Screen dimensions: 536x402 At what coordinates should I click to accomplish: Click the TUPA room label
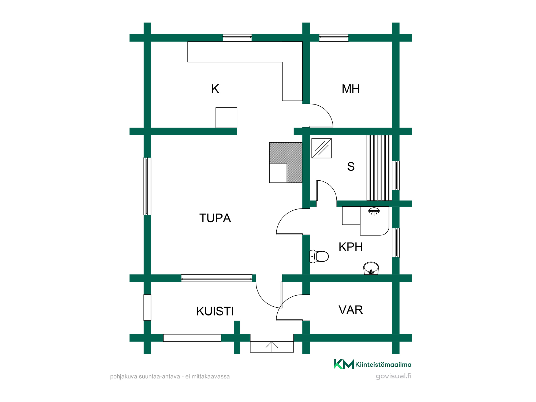pyautogui.click(x=215, y=218)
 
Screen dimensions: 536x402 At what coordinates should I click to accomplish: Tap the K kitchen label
pyautogui.click(x=215, y=89)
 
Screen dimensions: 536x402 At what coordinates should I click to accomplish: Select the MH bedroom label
pyautogui.click(x=351, y=89)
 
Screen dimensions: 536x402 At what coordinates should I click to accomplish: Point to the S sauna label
pyautogui.click(x=351, y=166)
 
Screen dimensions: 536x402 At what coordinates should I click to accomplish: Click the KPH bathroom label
pyautogui.click(x=351, y=247)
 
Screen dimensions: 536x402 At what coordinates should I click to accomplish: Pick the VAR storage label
pyautogui.click(x=351, y=310)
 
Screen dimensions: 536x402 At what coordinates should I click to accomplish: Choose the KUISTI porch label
pyautogui.click(x=215, y=311)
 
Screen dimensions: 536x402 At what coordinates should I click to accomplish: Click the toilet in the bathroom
pyautogui.click(x=319, y=256)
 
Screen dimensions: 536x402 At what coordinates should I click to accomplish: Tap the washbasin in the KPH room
pyautogui.click(x=371, y=268)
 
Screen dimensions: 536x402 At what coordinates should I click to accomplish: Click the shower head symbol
pyautogui.click(x=374, y=211)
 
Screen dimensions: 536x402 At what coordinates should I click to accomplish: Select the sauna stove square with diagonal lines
pyautogui.click(x=322, y=148)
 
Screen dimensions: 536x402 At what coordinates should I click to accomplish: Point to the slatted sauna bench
pyautogui.click(x=379, y=168)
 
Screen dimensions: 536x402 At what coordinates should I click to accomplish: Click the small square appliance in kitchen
pyautogui.click(x=226, y=118)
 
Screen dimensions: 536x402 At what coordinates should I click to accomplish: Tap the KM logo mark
pyautogui.click(x=344, y=364)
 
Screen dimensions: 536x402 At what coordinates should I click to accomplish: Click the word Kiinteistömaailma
pyautogui.click(x=383, y=364)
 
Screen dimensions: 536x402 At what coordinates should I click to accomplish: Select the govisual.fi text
pyautogui.click(x=393, y=376)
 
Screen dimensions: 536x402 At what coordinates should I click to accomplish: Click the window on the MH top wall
pyautogui.click(x=334, y=38)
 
